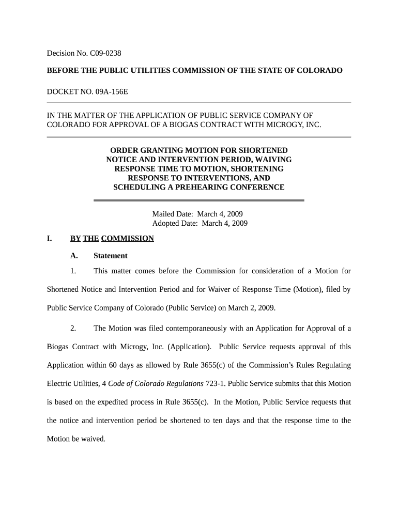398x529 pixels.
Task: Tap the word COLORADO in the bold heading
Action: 318,70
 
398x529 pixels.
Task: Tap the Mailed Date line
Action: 197,214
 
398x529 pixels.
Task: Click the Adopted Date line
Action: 200,223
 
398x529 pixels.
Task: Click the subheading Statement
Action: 110,256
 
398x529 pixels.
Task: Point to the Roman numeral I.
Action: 49,238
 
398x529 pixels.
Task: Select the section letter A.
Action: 74,256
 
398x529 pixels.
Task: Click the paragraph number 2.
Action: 73,328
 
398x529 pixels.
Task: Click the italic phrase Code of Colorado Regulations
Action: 156,383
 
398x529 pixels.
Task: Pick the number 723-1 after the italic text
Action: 216,383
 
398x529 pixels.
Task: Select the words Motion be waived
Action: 76,439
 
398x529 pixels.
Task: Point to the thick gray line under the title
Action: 198,200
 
